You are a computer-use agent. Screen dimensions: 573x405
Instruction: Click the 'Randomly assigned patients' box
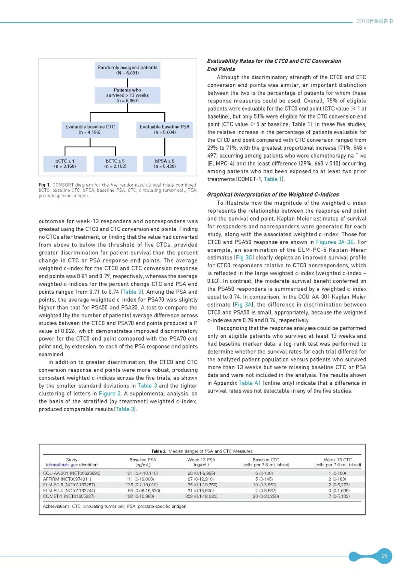[127, 70]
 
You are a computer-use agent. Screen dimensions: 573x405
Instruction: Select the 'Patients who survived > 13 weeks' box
[127, 95]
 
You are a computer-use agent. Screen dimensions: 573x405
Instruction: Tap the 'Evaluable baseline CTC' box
[90, 129]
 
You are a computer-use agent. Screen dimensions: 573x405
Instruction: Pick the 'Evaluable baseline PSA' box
[165, 129]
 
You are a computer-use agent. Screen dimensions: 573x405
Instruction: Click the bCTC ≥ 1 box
[65, 164]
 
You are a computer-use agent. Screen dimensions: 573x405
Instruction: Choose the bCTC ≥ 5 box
[115, 164]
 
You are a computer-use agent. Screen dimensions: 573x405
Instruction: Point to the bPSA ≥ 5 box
[165, 164]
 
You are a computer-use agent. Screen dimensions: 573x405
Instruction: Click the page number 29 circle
[384, 556]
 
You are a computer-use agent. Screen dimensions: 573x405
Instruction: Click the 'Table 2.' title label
[159, 451]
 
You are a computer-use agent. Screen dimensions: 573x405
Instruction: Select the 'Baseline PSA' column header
[143, 462]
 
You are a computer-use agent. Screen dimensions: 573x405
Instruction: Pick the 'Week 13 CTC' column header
[337, 462]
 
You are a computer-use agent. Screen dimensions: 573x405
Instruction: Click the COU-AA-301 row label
[72, 474]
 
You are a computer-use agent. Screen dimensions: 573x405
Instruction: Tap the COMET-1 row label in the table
[69, 496]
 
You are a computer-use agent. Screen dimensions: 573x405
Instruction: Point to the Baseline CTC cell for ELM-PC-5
[266, 485]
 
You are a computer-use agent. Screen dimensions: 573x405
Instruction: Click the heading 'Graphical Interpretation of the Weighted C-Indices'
[273, 195]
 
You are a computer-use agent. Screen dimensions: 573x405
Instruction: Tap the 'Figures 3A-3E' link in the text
[334, 242]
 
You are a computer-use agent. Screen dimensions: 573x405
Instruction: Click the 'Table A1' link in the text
[249, 383]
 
